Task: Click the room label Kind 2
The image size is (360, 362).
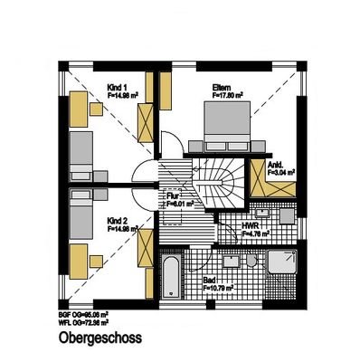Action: [x=116, y=220]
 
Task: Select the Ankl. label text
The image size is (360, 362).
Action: [x=277, y=166]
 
